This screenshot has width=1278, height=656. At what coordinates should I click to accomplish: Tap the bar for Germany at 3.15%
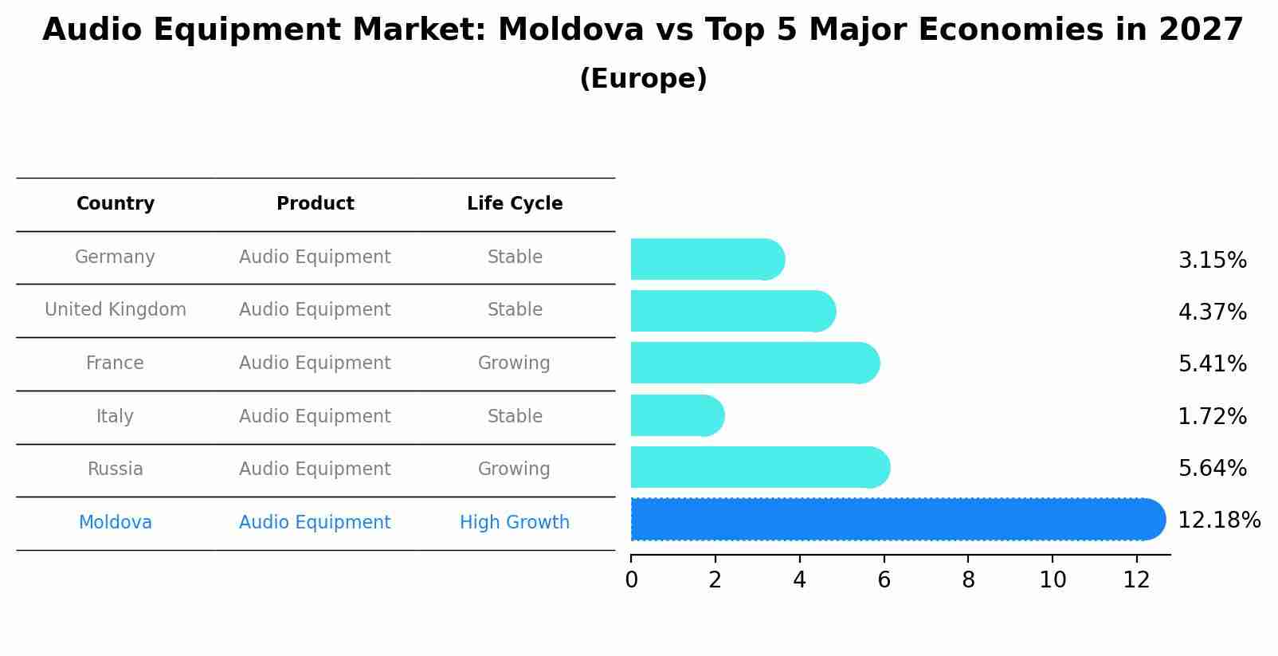706,260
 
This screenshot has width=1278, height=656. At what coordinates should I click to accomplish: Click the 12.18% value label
1218,520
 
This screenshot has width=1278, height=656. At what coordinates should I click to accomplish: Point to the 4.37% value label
1212,312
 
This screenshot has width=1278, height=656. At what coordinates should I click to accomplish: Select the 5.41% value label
1212,364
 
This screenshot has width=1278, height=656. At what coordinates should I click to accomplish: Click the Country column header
116,204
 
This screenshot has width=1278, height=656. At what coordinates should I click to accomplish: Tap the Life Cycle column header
515,204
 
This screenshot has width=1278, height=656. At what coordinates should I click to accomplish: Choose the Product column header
315,204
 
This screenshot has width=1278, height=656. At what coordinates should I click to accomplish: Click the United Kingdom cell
116,310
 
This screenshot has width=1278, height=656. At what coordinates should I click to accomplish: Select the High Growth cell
515,523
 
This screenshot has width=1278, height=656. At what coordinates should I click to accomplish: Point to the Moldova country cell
116,523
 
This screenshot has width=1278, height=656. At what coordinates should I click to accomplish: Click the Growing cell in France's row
514,363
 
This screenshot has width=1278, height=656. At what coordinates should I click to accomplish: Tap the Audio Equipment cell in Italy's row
315,417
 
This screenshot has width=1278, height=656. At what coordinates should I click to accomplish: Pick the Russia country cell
116,469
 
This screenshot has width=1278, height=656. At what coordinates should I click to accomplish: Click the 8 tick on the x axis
968,580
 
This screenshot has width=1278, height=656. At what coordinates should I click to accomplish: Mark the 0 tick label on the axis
631,580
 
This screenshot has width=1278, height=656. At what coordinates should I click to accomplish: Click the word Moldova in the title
570,31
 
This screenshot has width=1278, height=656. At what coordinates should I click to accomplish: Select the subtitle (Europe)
643,79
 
